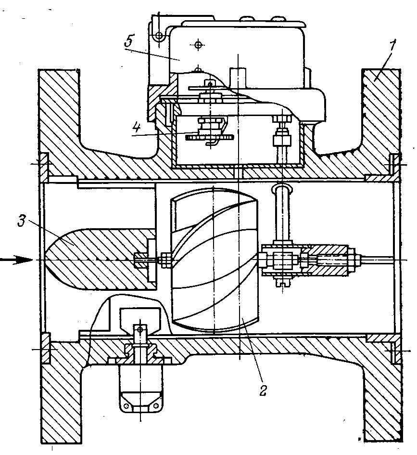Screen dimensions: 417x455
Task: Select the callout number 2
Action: click(263, 390)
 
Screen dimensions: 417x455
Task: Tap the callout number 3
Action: click(22, 221)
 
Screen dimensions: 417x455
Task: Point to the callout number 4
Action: click(136, 128)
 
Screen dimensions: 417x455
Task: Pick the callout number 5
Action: click(129, 41)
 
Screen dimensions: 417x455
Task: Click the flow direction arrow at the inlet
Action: click(17, 260)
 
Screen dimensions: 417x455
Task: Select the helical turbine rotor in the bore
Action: click(214, 260)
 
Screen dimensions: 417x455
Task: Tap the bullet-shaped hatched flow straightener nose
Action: click(99, 259)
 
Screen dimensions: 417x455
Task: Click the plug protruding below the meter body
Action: click(140, 388)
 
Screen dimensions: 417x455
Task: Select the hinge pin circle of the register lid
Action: click(159, 36)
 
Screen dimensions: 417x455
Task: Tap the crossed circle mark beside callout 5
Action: click(198, 45)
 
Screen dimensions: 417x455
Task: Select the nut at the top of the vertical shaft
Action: click(282, 118)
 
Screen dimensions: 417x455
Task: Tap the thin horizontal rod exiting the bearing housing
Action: click(377, 260)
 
